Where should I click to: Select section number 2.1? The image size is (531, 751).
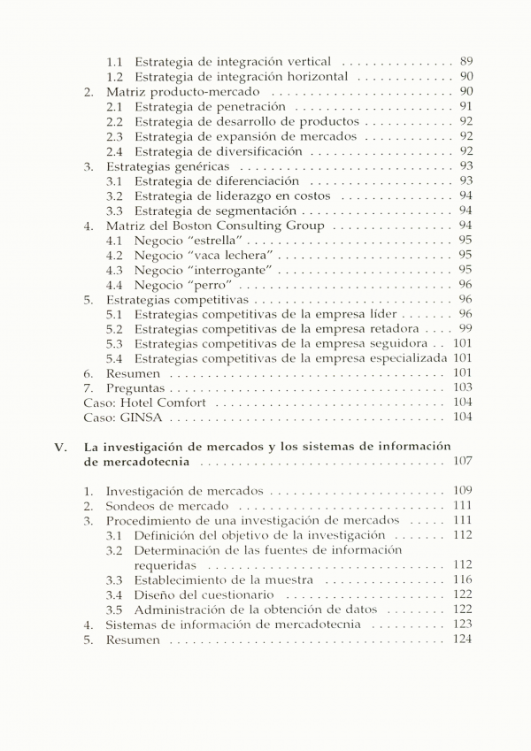point(115,106)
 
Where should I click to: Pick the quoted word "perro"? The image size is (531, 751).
point(210,285)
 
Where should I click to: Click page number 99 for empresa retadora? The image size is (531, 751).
point(466,329)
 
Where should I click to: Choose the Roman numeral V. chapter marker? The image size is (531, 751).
point(59,448)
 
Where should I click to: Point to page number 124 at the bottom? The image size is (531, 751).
point(462,640)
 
